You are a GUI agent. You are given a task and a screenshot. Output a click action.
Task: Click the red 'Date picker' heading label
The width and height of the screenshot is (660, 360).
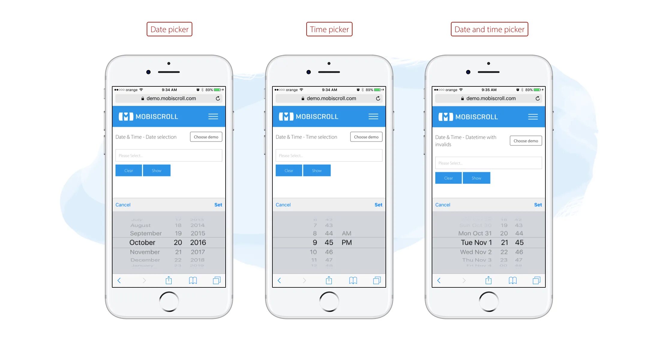pyautogui.click(x=169, y=29)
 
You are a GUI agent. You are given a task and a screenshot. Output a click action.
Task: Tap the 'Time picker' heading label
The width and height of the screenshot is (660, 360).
pyautogui.click(x=329, y=29)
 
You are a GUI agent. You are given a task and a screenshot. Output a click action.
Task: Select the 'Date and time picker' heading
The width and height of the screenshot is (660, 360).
pyautogui.click(x=489, y=29)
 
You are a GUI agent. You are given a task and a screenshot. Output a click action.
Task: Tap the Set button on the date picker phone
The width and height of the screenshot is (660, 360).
pyautogui.click(x=218, y=205)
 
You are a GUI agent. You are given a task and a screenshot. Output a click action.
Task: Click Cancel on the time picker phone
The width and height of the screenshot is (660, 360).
pyautogui.click(x=283, y=205)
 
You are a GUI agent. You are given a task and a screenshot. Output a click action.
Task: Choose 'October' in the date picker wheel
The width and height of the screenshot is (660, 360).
pyautogui.click(x=142, y=242)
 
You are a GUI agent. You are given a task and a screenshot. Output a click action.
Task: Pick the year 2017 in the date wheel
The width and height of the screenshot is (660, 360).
pyautogui.click(x=198, y=252)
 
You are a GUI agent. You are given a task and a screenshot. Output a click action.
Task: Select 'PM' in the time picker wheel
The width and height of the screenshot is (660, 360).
pyautogui.click(x=346, y=242)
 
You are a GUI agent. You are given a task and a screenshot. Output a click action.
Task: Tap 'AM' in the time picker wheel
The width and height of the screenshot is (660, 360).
pyautogui.click(x=346, y=233)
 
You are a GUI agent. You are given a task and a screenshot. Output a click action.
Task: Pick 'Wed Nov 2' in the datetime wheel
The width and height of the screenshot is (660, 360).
pyautogui.click(x=476, y=252)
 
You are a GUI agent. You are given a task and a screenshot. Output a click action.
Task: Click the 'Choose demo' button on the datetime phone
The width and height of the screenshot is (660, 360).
pyautogui.click(x=526, y=141)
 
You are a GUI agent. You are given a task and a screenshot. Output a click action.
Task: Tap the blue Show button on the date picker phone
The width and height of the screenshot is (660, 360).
pyautogui.click(x=157, y=170)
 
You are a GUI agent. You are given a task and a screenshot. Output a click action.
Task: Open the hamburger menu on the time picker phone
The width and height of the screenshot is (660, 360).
pyautogui.click(x=373, y=116)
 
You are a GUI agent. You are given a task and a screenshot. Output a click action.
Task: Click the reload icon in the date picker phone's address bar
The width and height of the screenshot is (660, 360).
pyautogui.click(x=218, y=98)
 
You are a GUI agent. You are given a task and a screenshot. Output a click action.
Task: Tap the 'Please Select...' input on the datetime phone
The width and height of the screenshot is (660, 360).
pyautogui.click(x=488, y=163)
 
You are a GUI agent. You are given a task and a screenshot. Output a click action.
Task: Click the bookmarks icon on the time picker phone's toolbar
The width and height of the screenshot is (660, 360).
pyautogui.click(x=353, y=280)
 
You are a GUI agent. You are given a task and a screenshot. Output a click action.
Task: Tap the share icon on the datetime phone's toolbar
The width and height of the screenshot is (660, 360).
pyautogui.click(x=488, y=280)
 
